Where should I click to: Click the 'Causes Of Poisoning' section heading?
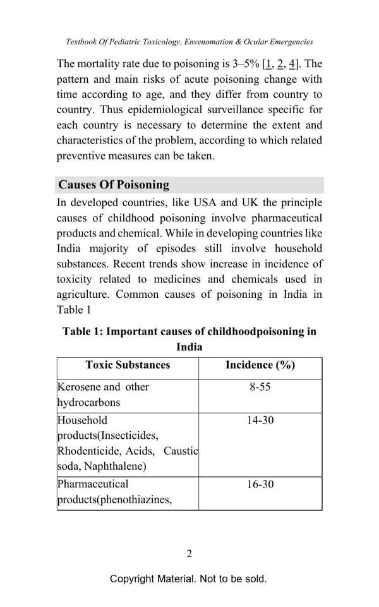pyautogui.click(x=114, y=185)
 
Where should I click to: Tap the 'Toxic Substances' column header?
pyautogui.click(x=128, y=365)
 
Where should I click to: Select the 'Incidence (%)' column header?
pyautogui.click(x=260, y=365)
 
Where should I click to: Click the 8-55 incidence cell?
pyautogui.click(x=260, y=387)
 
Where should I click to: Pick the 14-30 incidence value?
pyautogui.click(x=260, y=420)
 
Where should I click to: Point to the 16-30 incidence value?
pyautogui.click(x=260, y=484)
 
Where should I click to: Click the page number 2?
pyautogui.click(x=189, y=554)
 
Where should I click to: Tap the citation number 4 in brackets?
pyautogui.click(x=292, y=64)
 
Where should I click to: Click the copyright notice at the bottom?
pyautogui.click(x=188, y=579)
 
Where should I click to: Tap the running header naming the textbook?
pyautogui.click(x=189, y=42)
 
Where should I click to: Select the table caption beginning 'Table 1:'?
pyautogui.click(x=189, y=332)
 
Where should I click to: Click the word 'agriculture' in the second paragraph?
pyautogui.click(x=83, y=295)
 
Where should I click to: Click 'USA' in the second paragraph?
pyautogui.click(x=205, y=203)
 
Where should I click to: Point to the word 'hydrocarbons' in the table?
pyautogui.click(x=88, y=402)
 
